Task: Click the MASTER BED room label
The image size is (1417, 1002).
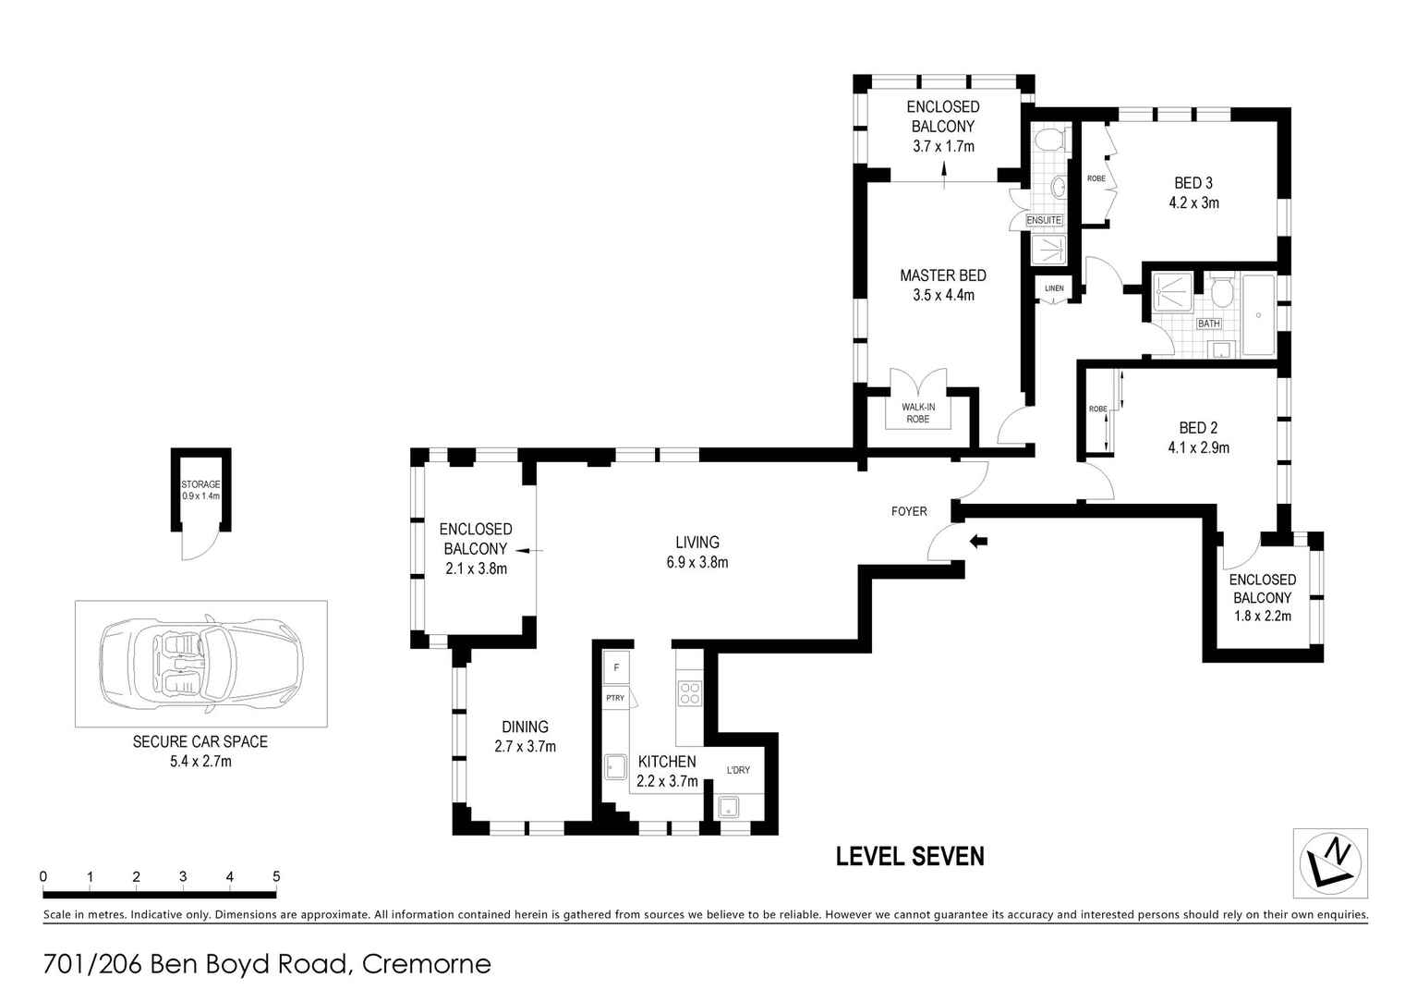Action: click(x=942, y=275)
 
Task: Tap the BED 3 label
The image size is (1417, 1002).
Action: click(x=1193, y=183)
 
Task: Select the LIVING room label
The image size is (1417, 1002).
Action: click(x=697, y=542)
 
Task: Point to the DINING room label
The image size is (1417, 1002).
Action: click(x=525, y=727)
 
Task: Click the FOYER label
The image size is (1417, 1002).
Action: click(x=909, y=511)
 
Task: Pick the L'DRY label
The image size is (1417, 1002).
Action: click(x=738, y=770)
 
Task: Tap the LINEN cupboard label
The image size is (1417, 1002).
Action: click(x=1054, y=288)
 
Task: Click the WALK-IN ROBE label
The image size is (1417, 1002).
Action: click(x=918, y=412)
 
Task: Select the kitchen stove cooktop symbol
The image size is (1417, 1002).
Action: click(x=689, y=692)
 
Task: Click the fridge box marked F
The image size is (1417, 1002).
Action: click(x=616, y=667)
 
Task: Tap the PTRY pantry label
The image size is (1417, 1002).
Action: click(x=615, y=698)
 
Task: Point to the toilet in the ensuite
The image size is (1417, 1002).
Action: click(x=1050, y=140)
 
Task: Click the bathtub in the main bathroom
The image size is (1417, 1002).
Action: click(x=1258, y=314)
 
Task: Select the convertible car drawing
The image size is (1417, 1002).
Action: click(x=201, y=663)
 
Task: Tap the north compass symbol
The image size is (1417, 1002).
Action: click(x=1329, y=863)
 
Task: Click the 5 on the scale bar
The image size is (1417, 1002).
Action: click(x=276, y=876)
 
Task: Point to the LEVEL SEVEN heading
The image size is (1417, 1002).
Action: click(x=910, y=857)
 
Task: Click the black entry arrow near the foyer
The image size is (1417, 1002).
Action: click(x=978, y=541)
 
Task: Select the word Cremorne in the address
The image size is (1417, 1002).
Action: click(x=427, y=964)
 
